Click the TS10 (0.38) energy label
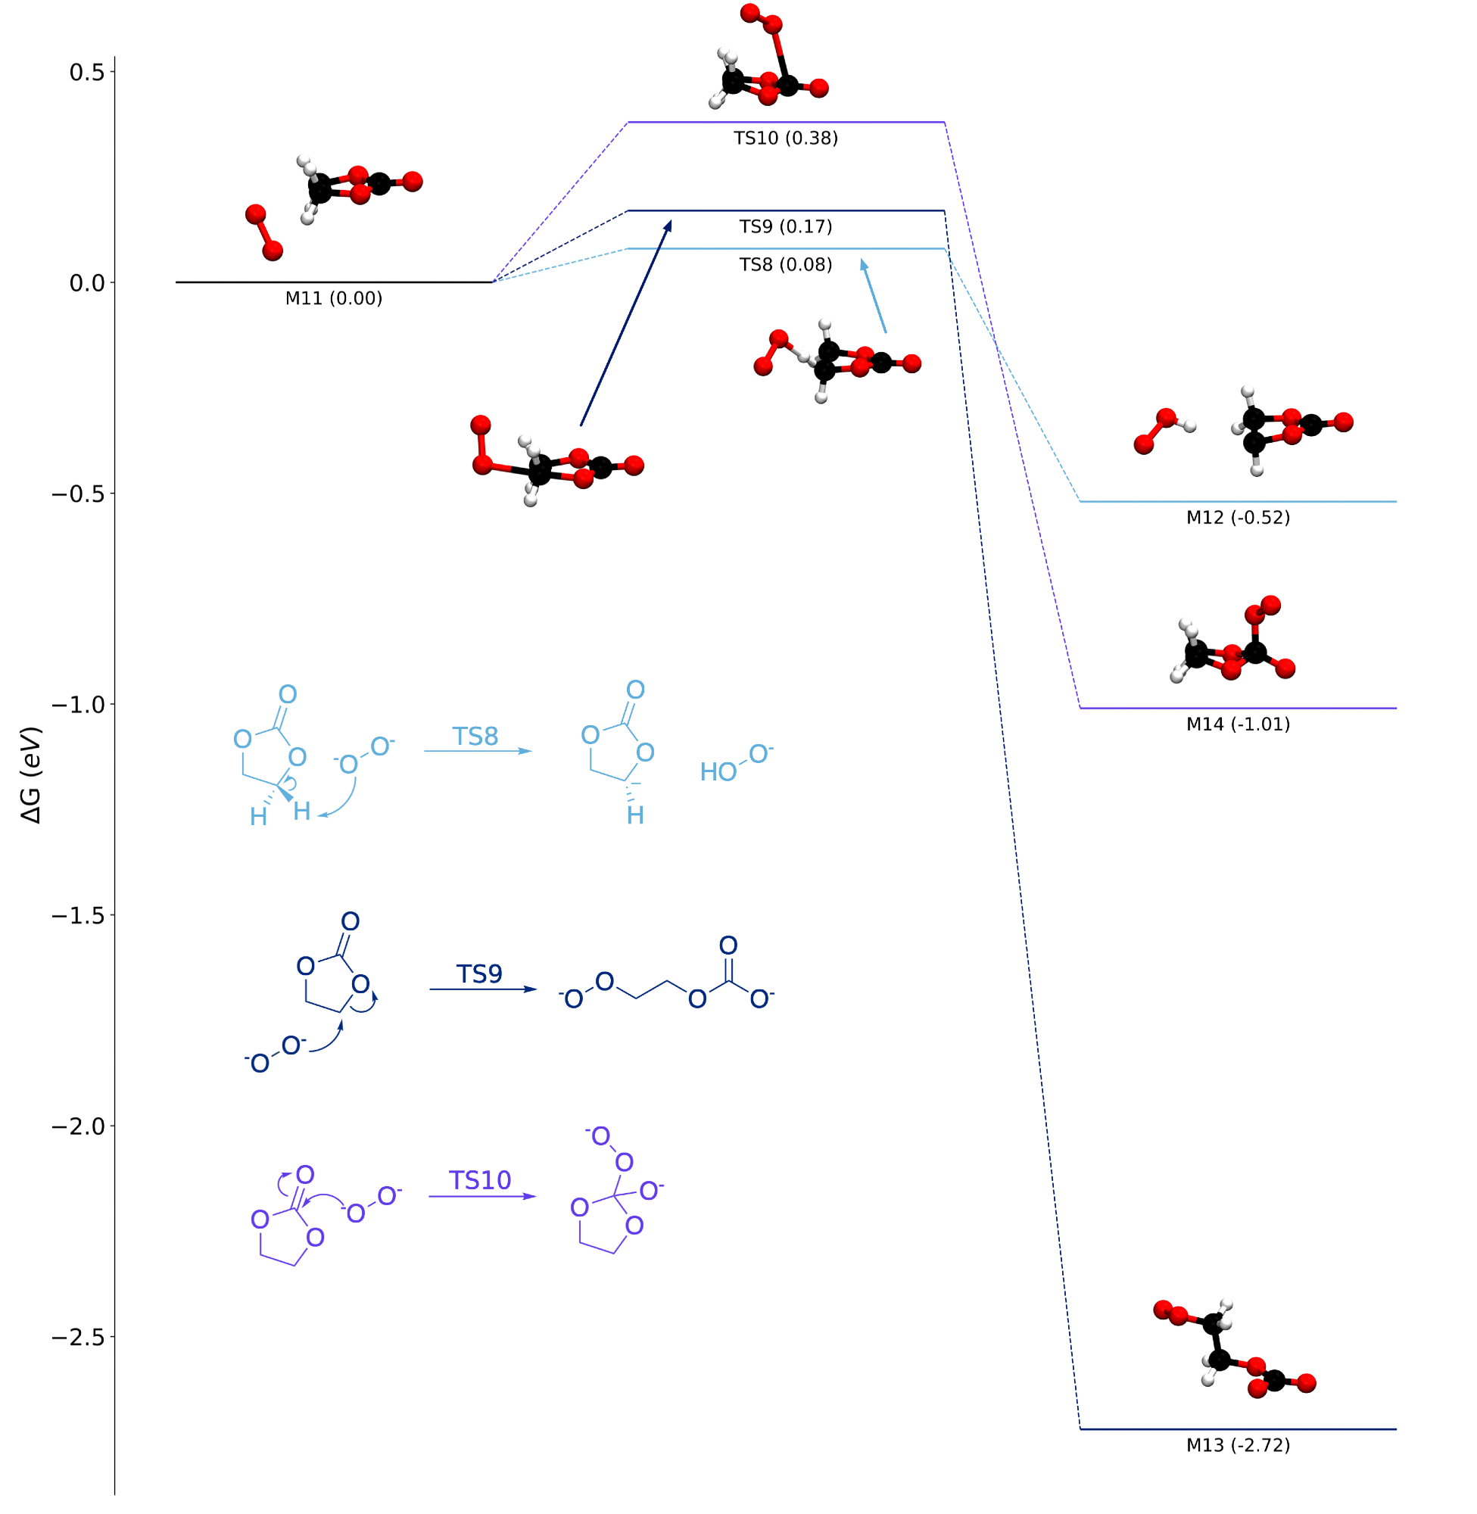coord(786,139)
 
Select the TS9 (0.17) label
coord(786,227)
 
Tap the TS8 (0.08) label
coord(786,265)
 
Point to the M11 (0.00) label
coord(334,298)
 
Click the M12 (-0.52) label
coord(1238,518)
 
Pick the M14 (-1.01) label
coord(1238,724)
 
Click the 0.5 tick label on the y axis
coord(86,72)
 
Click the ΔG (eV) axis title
coord(31,775)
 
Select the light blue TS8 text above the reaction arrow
coord(475,737)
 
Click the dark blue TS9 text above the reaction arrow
coord(478,974)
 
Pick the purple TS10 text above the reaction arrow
coord(480,1180)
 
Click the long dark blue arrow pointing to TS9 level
coord(625,324)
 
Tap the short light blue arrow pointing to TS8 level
coord(874,297)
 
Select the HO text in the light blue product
coord(718,772)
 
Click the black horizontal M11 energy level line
coord(334,282)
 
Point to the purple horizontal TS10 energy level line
coord(786,123)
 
